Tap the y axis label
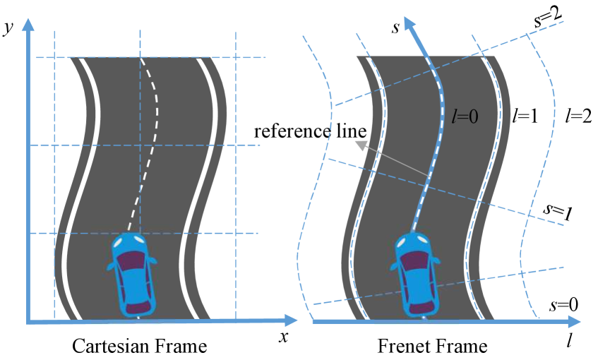pos(8,29)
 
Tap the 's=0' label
pos(564,306)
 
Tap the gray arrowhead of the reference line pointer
pos(361,146)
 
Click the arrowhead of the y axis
pos(28,23)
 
